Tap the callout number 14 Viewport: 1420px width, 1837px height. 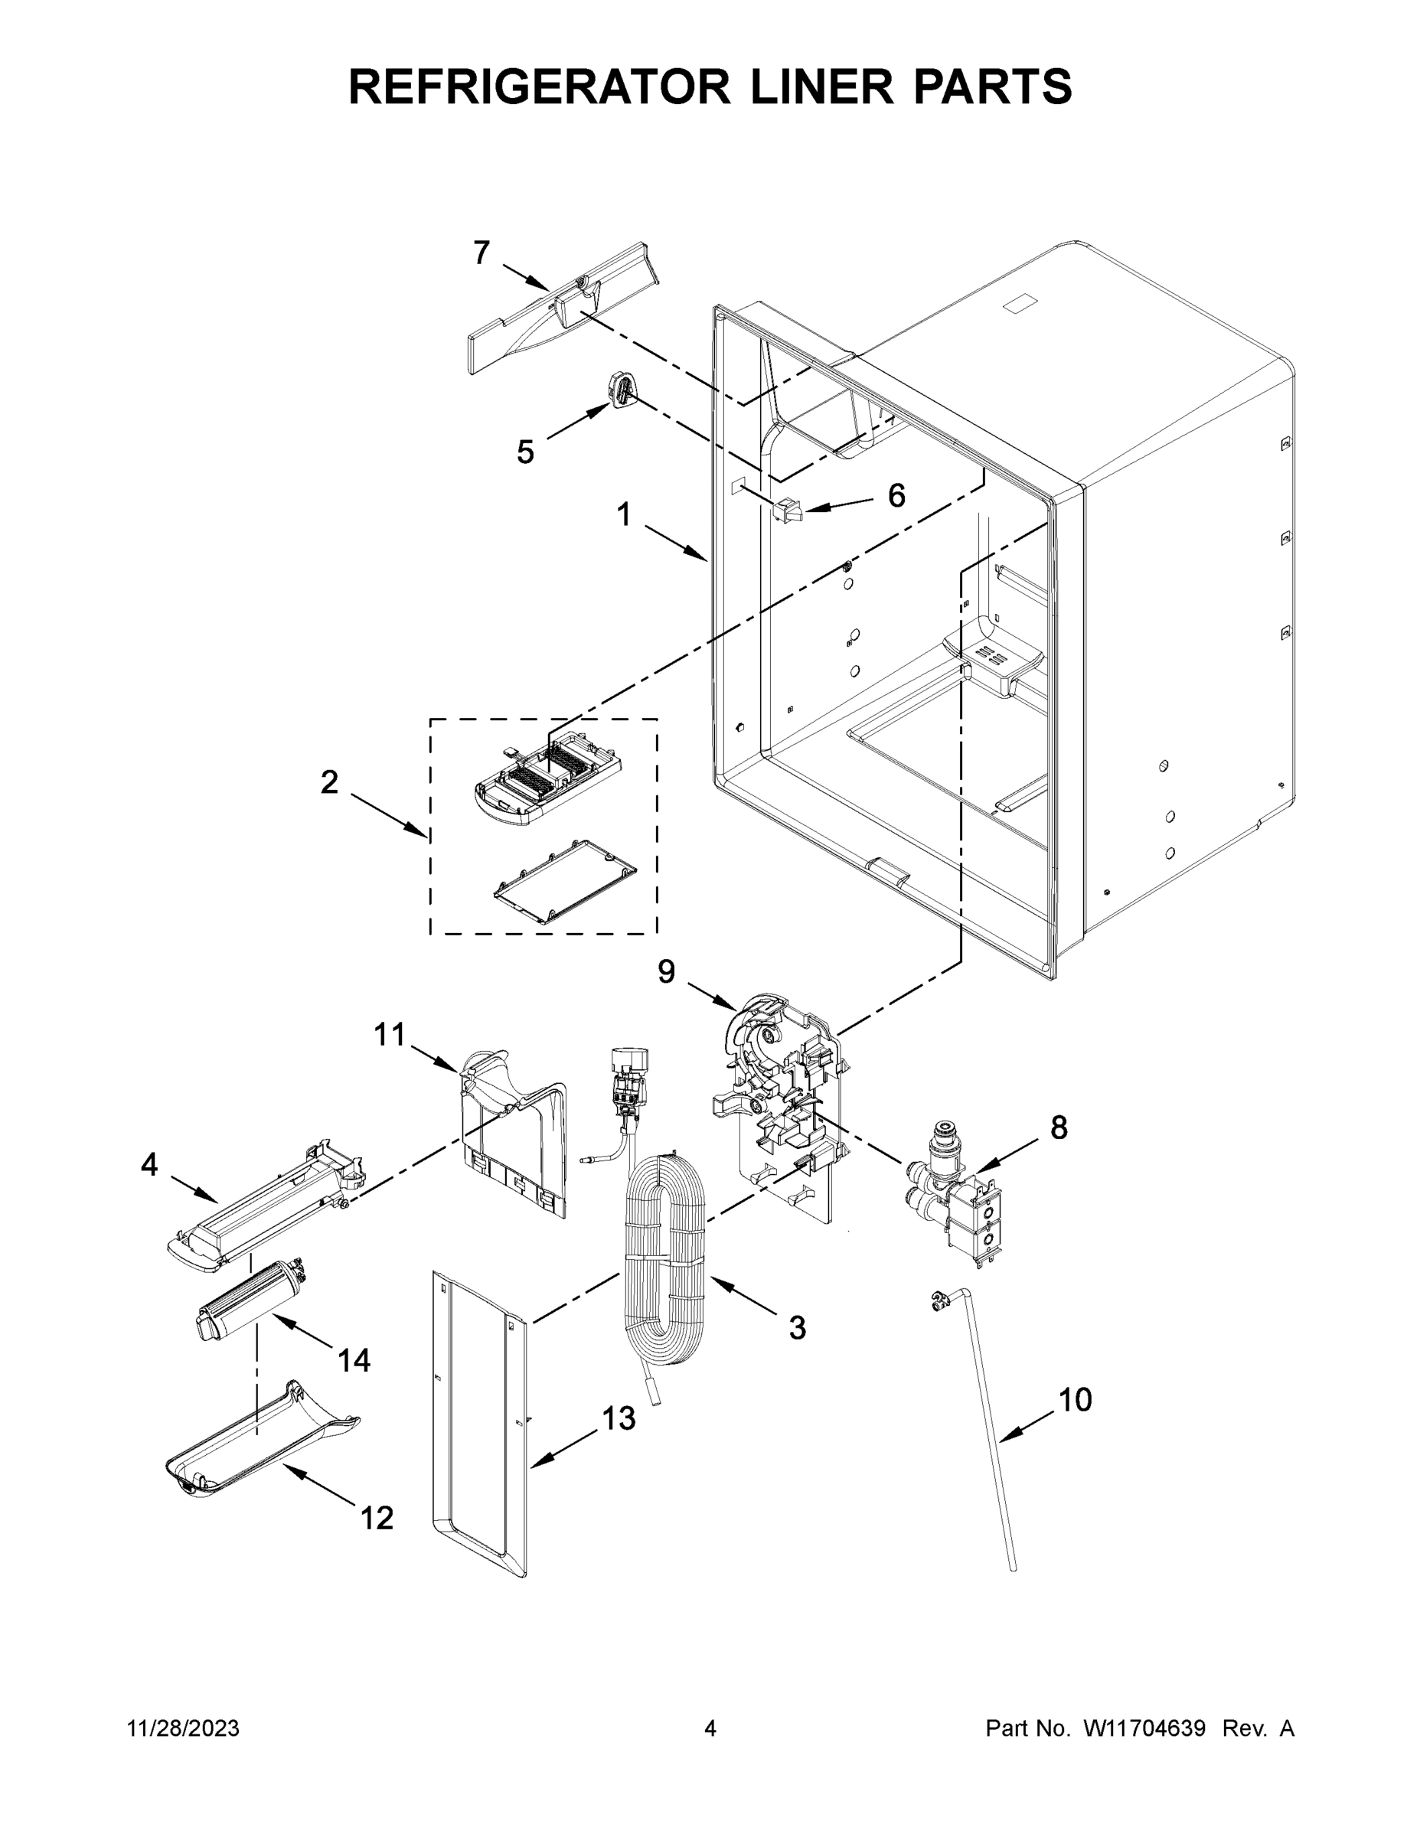354,1360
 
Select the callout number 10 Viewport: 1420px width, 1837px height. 1074,1400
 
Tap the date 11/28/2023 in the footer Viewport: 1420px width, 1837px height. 184,1728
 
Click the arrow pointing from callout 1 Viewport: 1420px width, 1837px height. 677,543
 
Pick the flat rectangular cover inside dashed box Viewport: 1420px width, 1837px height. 564,883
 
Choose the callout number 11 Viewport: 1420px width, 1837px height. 390,1035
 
